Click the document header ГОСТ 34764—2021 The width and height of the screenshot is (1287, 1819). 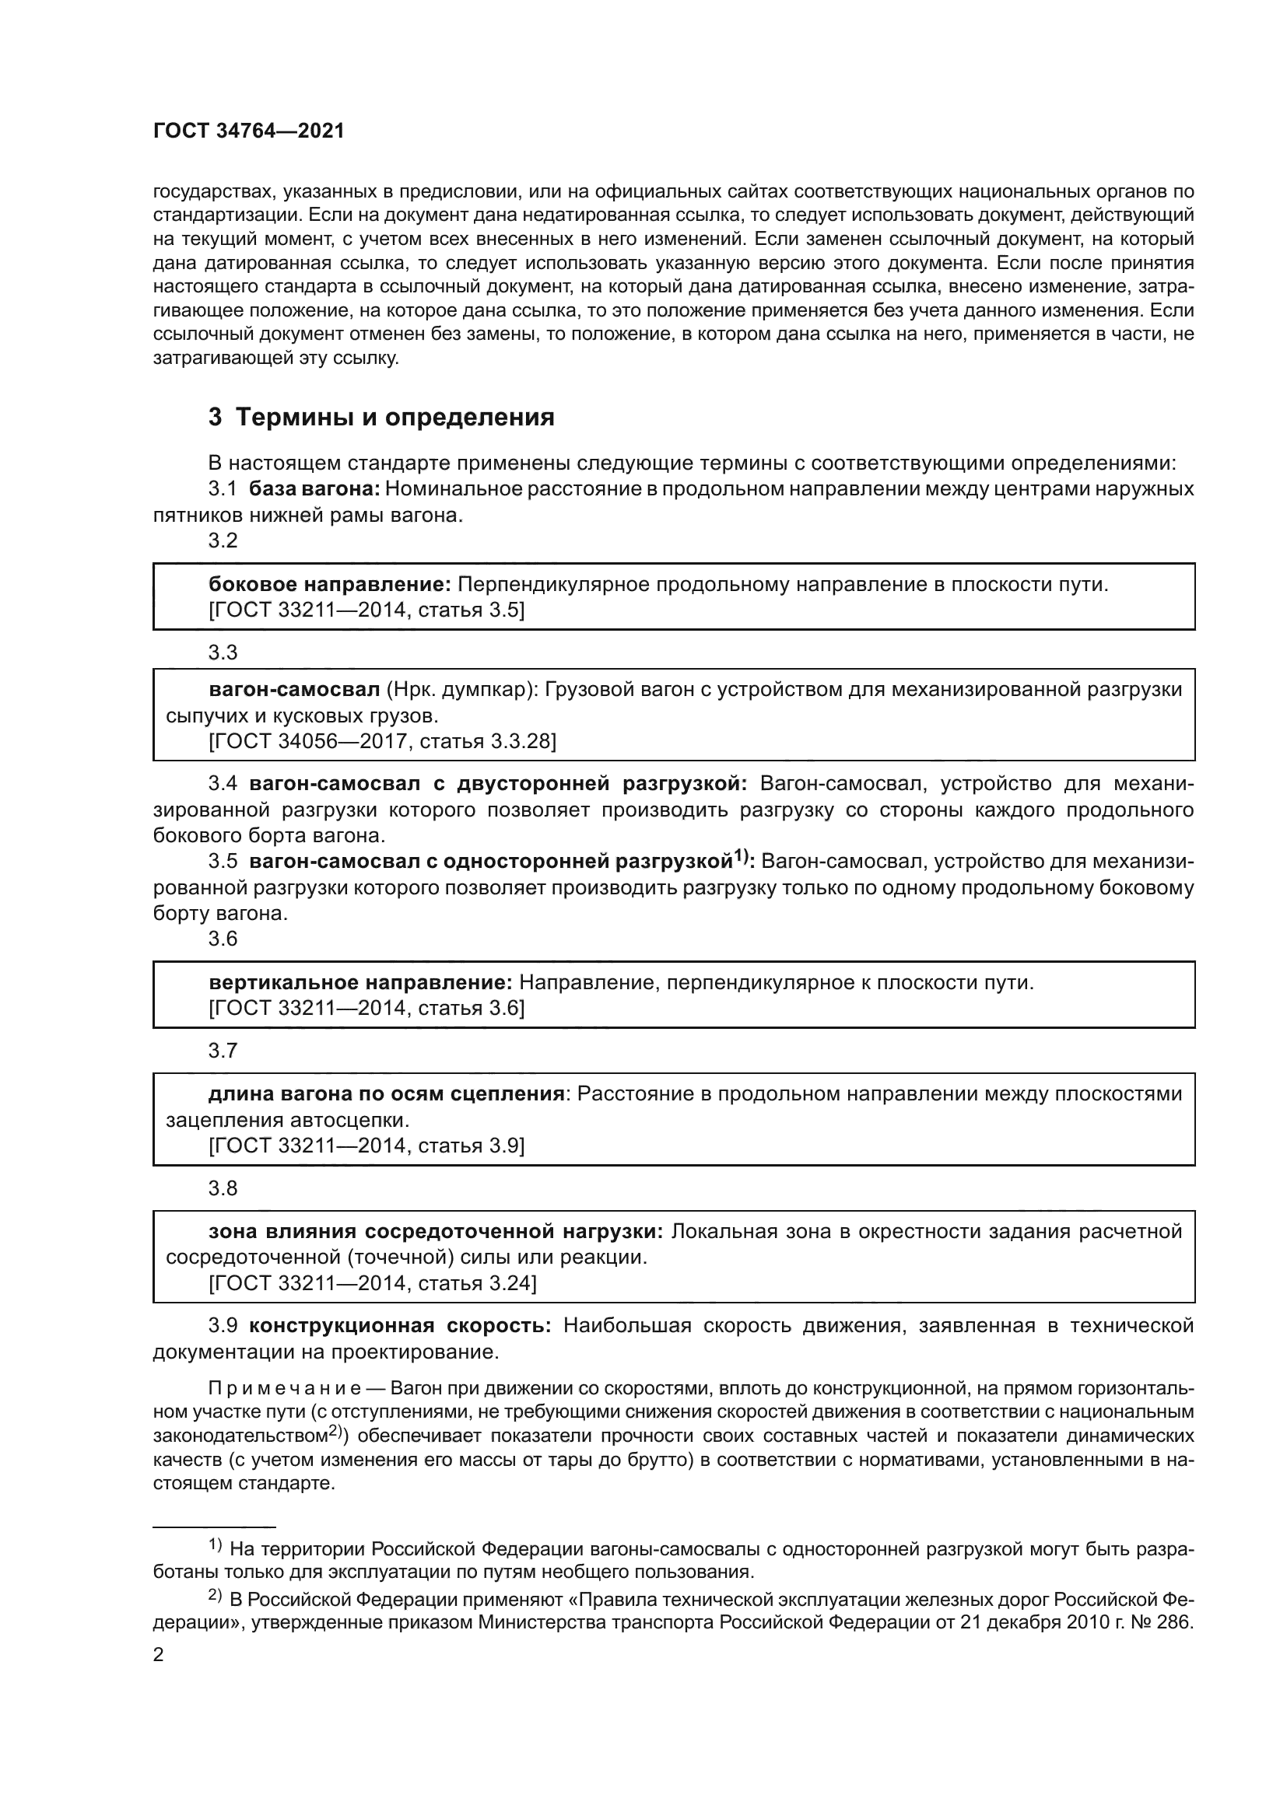249,131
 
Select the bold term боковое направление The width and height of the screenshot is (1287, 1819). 329,585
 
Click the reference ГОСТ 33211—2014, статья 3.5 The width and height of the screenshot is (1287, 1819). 366,610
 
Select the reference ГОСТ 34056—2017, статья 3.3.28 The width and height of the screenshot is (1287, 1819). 382,742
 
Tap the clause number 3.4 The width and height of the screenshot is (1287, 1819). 223,785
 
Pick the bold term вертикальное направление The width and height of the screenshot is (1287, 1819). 359,983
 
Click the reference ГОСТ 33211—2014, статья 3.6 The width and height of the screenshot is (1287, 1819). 366,1009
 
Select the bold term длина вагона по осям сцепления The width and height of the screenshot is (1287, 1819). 386,1094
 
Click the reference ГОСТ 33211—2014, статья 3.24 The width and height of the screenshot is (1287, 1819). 373,1282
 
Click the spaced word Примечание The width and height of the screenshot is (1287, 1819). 285,1389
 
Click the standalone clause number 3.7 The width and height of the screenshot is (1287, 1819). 223,1051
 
